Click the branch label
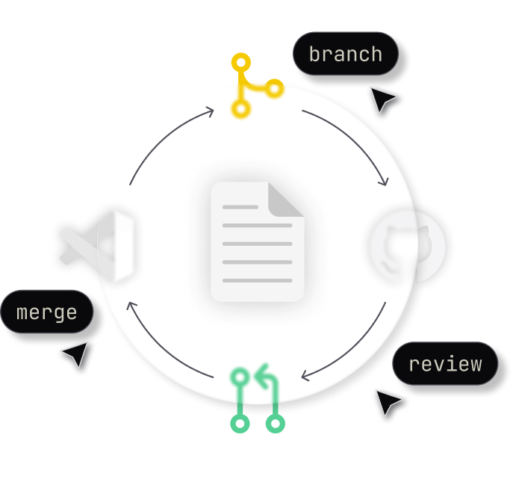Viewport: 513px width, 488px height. pyautogui.click(x=345, y=55)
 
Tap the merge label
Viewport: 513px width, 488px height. pyautogui.click(x=46, y=312)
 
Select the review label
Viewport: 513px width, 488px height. pyautogui.click(x=445, y=364)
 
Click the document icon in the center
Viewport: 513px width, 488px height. pyautogui.click(x=257, y=242)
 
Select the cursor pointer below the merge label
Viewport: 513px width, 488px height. pyautogui.click(x=75, y=355)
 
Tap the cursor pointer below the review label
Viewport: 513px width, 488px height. pyautogui.click(x=389, y=403)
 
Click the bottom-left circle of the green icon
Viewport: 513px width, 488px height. pyautogui.click(x=240, y=424)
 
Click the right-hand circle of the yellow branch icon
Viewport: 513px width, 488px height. pyautogui.click(x=276, y=90)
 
